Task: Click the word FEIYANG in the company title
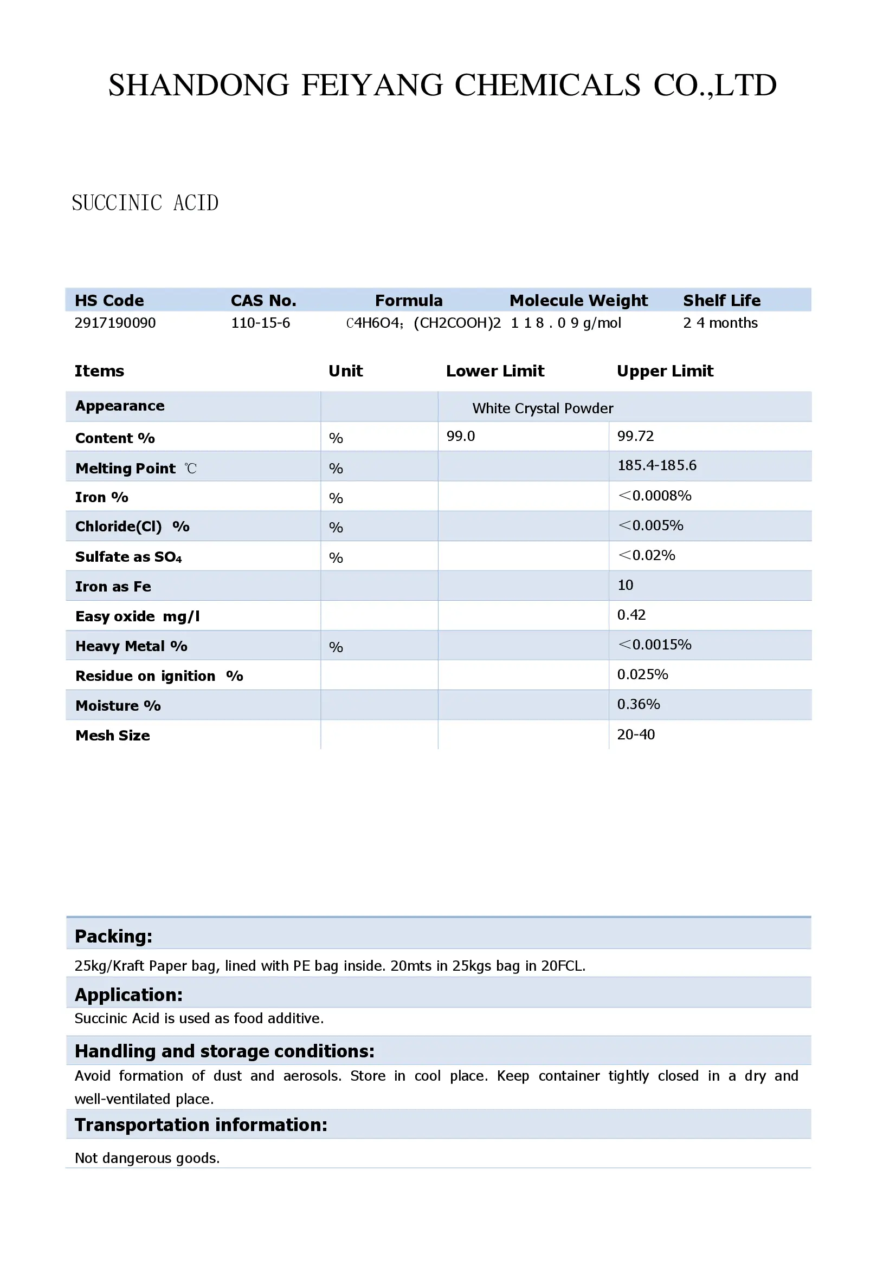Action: point(371,86)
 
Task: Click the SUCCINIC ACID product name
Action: point(145,203)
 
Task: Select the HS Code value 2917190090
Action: point(115,323)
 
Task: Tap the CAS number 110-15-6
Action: point(260,323)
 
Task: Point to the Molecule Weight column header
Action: point(578,300)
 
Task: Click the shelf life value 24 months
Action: point(720,323)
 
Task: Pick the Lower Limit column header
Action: point(495,371)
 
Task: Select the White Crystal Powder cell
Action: point(542,408)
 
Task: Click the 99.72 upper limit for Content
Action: point(635,436)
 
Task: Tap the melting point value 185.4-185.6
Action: point(656,465)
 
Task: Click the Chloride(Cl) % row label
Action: point(132,527)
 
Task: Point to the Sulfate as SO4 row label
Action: point(128,557)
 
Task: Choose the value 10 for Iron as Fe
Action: point(625,585)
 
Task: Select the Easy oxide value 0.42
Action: point(631,615)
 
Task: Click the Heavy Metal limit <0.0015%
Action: point(654,645)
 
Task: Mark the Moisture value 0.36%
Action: point(638,704)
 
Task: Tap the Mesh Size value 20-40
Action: point(635,735)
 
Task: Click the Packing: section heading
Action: point(113,937)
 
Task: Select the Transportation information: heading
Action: point(201,1125)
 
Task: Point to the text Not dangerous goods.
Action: point(147,1158)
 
